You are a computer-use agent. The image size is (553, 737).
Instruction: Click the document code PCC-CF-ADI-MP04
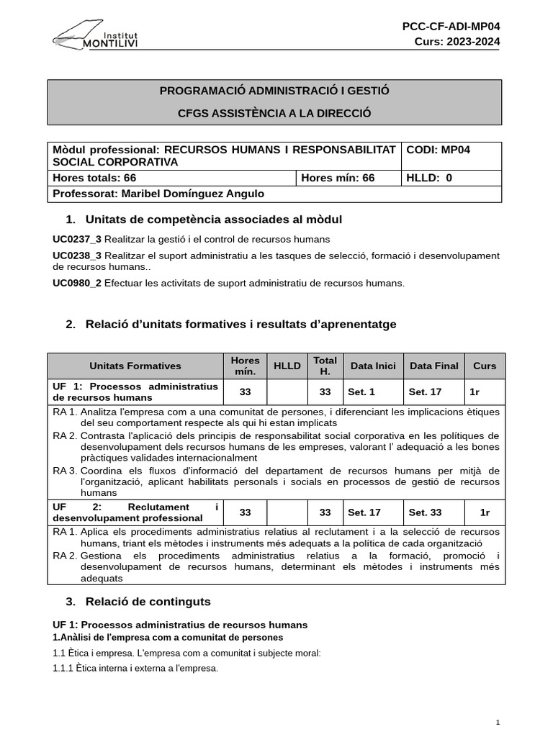pos(451,27)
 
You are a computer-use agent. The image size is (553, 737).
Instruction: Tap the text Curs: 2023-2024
pos(457,41)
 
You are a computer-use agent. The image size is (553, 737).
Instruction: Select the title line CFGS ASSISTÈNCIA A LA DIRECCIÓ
pos(274,113)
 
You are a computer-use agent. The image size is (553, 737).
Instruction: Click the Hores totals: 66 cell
pos(94,178)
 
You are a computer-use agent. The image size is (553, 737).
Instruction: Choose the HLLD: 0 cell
pos(430,178)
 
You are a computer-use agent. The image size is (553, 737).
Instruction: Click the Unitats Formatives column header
pos(135,366)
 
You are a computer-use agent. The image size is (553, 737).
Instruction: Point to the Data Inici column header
pos(373,366)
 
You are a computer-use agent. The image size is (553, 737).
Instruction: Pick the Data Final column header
pos(434,366)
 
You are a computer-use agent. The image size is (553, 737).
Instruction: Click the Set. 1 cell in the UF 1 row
pos(361,392)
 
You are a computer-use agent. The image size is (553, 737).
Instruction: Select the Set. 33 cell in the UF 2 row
pos(424,512)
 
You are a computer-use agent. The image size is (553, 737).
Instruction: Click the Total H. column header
pos(325,366)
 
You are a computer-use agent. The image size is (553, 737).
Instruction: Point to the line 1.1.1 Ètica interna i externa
pos(135,668)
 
